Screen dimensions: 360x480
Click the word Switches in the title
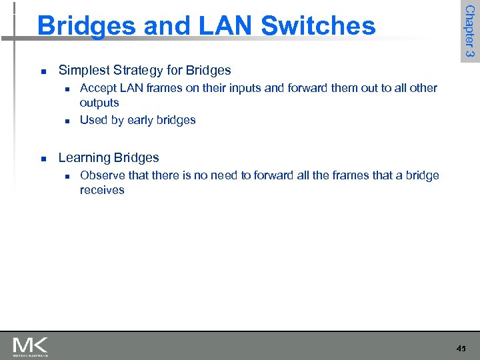(319, 26)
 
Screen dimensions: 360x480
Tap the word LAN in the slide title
(225, 26)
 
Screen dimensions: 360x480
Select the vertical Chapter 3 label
(469, 31)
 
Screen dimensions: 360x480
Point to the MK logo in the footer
(30, 346)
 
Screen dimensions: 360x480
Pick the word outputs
(99, 103)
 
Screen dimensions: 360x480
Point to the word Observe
(101, 175)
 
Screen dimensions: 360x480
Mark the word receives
(102, 190)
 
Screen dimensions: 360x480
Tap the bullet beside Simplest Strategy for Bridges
(43, 71)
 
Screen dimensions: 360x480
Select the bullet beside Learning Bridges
(43, 159)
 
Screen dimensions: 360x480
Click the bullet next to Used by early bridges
(67, 121)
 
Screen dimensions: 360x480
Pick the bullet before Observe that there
(67, 176)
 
